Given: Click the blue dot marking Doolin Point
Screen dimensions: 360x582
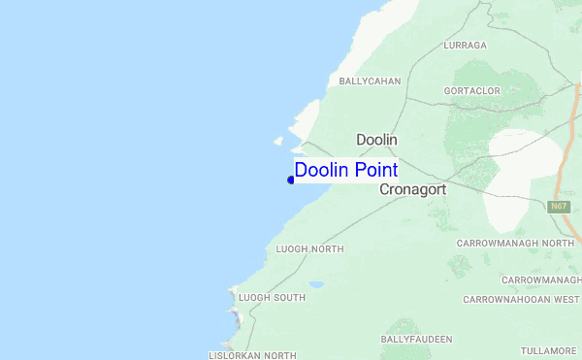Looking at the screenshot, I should coord(291,180).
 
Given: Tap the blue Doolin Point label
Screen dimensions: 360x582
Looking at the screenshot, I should coord(345,170).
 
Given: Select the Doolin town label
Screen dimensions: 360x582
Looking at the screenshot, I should coord(376,140).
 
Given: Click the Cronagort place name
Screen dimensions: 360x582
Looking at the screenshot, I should coord(412,190).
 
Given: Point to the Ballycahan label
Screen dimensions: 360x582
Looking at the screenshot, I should coord(369,82).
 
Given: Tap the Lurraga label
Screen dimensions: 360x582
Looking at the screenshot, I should coord(464,46).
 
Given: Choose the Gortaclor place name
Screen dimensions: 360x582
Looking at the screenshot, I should coord(470,90).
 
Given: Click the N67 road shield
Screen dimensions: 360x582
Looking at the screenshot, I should coord(557,207).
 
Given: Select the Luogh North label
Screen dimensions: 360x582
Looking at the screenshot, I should coord(309,249).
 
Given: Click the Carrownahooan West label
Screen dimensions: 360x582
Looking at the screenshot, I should coord(521,300).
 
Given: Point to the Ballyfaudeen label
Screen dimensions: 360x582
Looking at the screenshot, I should coord(416,339).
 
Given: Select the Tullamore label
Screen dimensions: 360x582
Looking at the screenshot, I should coord(547,350).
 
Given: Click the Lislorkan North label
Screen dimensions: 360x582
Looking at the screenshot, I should coord(252,356).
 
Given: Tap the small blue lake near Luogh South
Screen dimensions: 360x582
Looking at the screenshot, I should coord(316,285).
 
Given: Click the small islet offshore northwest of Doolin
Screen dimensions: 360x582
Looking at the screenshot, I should coord(278,142).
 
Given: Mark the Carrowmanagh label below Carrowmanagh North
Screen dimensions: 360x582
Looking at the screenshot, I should coord(540,279).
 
